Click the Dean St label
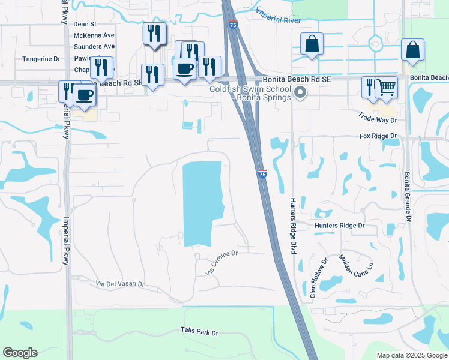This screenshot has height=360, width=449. (x=85, y=24)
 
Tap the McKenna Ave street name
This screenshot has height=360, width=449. (x=94, y=35)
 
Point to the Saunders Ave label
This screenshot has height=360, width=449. (x=94, y=46)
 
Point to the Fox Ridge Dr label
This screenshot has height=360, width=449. (x=379, y=136)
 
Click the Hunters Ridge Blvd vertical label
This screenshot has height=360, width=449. (x=293, y=225)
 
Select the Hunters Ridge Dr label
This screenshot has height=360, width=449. (x=340, y=226)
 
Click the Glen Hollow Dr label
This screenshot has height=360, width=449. (x=318, y=278)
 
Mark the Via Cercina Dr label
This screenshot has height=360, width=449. (x=223, y=263)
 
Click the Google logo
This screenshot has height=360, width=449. (x=20, y=353)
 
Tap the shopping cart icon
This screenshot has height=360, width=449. (x=386, y=88)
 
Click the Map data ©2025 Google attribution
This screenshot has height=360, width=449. (x=412, y=355)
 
